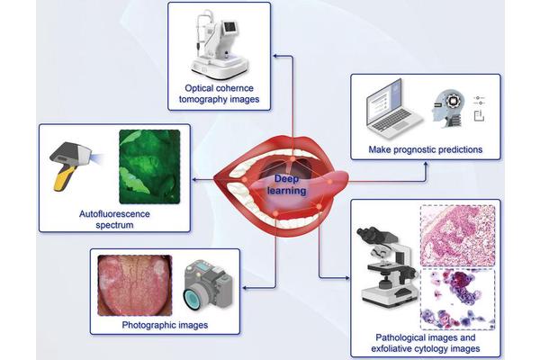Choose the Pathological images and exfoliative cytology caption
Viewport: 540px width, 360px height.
pos(426,343)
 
